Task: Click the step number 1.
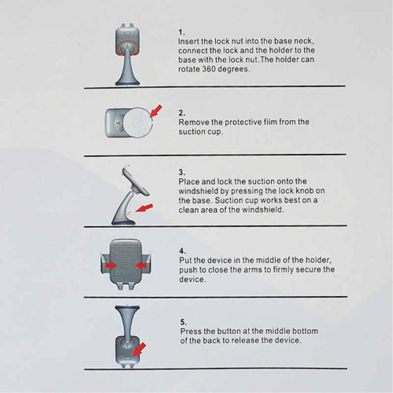181,32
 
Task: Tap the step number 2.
182,113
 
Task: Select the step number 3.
182,172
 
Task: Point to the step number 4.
182,251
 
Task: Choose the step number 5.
183,322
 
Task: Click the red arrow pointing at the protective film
156,111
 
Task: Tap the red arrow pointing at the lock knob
144,208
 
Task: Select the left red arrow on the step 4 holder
111,265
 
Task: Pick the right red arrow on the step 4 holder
141,265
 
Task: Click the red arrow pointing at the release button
139,350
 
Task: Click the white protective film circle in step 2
138,122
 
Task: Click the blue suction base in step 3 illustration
123,223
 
